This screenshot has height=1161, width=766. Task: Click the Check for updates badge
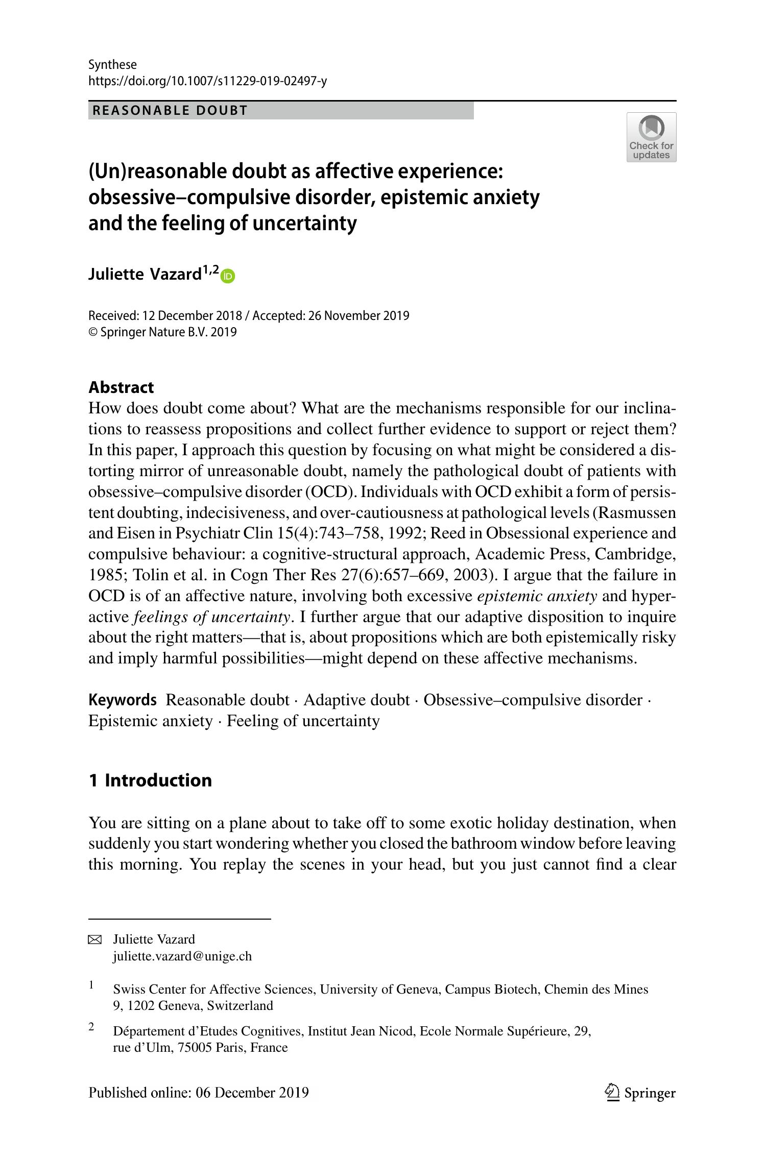(x=651, y=137)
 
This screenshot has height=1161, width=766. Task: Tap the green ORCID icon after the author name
(x=228, y=276)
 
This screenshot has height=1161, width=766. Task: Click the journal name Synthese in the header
(x=112, y=65)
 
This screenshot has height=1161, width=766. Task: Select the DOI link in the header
(x=207, y=81)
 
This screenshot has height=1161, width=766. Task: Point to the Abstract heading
(x=121, y=387)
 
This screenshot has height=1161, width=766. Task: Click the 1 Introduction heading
(x=150, y=780)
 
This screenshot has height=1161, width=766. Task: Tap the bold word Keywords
(x=123, y=700)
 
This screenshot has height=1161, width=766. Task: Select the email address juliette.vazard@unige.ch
(x=182, y=956)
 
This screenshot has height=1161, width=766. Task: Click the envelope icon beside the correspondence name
(x=95, y=940)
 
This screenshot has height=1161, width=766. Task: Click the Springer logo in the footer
(x=640, y=1093)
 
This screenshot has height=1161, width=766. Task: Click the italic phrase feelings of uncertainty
(x=212, y=617)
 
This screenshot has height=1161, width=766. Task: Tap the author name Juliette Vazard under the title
(x=145, y=275)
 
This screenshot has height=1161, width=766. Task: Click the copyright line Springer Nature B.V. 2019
(x=168, y=332)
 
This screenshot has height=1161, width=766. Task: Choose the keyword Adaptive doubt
(x=356, y=700)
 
